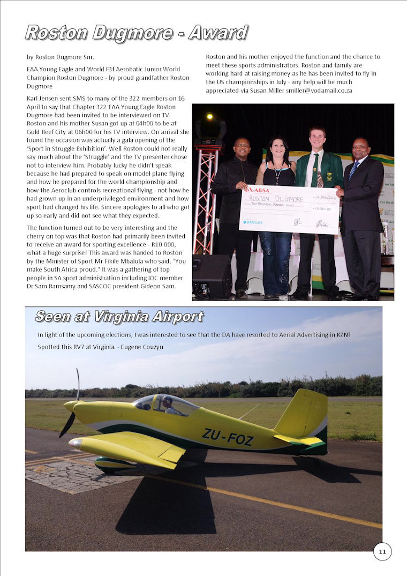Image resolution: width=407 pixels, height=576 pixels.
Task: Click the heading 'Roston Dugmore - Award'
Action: pos(137,33)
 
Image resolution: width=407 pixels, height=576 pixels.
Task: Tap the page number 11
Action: pos(382,551)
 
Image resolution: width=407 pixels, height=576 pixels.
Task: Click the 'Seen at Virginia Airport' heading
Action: pos(119,317)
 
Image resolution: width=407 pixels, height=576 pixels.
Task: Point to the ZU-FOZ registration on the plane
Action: pos(228,437)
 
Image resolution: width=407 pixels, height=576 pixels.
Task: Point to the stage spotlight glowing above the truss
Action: pos(209,116)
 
